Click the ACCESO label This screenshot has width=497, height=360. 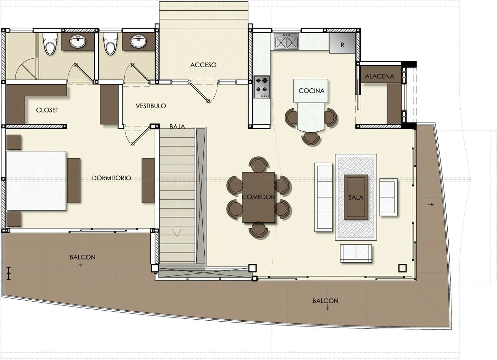click(x=203, y=65)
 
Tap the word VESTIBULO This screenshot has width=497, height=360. click(x=151, y=106)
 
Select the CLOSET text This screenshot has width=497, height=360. click(x=47, y=110)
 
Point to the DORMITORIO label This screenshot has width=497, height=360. click(x=111, y=178)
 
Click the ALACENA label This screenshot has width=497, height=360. click(x=380, y=76)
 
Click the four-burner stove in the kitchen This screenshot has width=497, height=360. click(x=262, y=87)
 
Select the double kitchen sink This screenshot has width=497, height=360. click(x=286, y=41)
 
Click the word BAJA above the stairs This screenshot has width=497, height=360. click(x=177, y=127)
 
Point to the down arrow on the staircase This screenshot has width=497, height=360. click(x=177, y=233)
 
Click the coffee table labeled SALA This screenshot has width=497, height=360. click(x=356, y=197)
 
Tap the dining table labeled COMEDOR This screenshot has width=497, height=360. click(x=259, y=197)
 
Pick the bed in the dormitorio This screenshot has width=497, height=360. click(x=36, y=181)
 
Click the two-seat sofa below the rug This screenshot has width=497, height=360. click(x=356, y=253)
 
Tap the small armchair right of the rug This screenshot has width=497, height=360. click(x=388, y=197)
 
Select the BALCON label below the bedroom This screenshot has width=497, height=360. click(x=82, y=257)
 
